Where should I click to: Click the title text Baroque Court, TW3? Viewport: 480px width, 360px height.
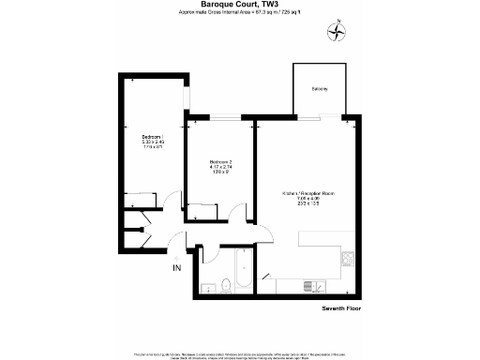[239, 5]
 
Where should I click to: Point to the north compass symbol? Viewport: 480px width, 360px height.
[336, 32]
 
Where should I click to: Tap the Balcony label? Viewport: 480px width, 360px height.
[320, 89]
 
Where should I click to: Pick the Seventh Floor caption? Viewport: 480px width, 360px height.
[340, 307]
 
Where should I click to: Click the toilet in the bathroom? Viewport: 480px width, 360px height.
[209, 285]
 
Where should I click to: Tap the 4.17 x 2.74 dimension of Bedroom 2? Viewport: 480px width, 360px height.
[221, 168]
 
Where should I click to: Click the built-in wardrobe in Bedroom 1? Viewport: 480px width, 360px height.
[142, 198]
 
